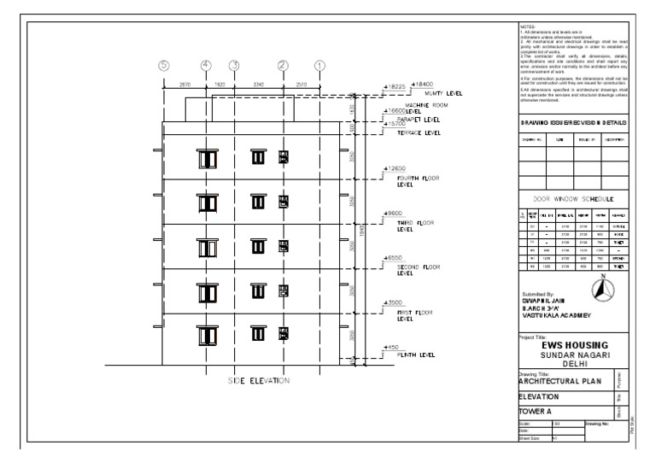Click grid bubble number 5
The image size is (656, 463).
(x=164, y=66)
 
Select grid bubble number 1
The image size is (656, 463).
(x=319, y=66)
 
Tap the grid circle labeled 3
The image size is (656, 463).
(x=234, y=66)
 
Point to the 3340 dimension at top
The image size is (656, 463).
(x=259, y=85)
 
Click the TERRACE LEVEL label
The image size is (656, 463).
(x=420, y=134)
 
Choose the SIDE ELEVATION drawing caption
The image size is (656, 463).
(x=259, y=381)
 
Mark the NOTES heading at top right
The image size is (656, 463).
(x=526, y=28)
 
